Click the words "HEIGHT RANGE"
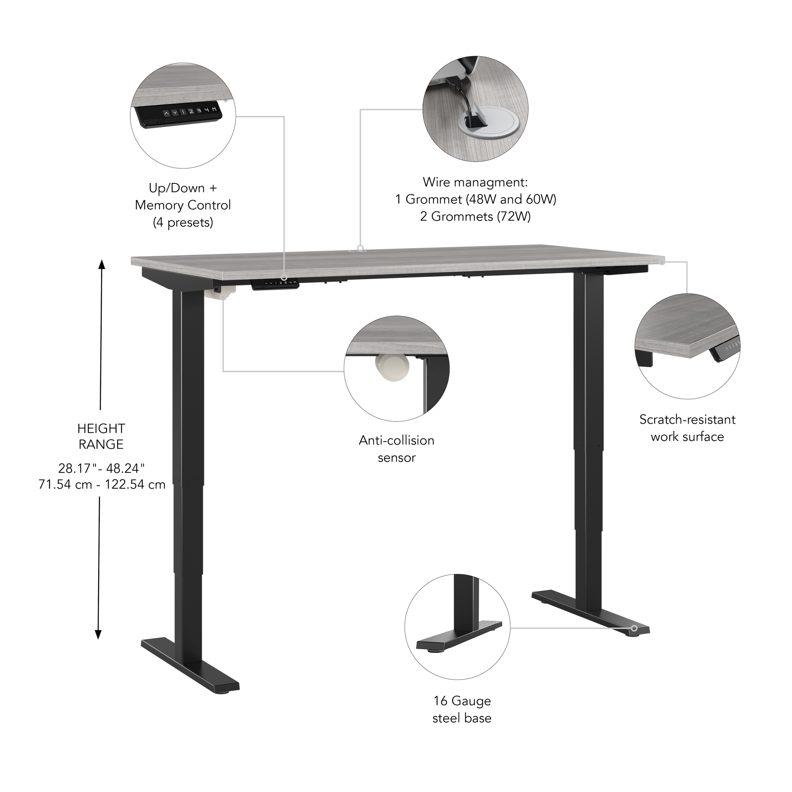point(101,436)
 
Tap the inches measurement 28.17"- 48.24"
point(101,468)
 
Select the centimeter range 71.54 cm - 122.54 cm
point(102,484)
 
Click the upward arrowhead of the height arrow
point(101,264)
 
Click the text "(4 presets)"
point(183,223)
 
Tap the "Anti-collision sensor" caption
point(396,449)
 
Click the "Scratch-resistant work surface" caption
point(687,428)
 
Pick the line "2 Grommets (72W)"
point(475,217)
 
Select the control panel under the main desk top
point(275,284)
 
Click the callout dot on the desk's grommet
point(360,247)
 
